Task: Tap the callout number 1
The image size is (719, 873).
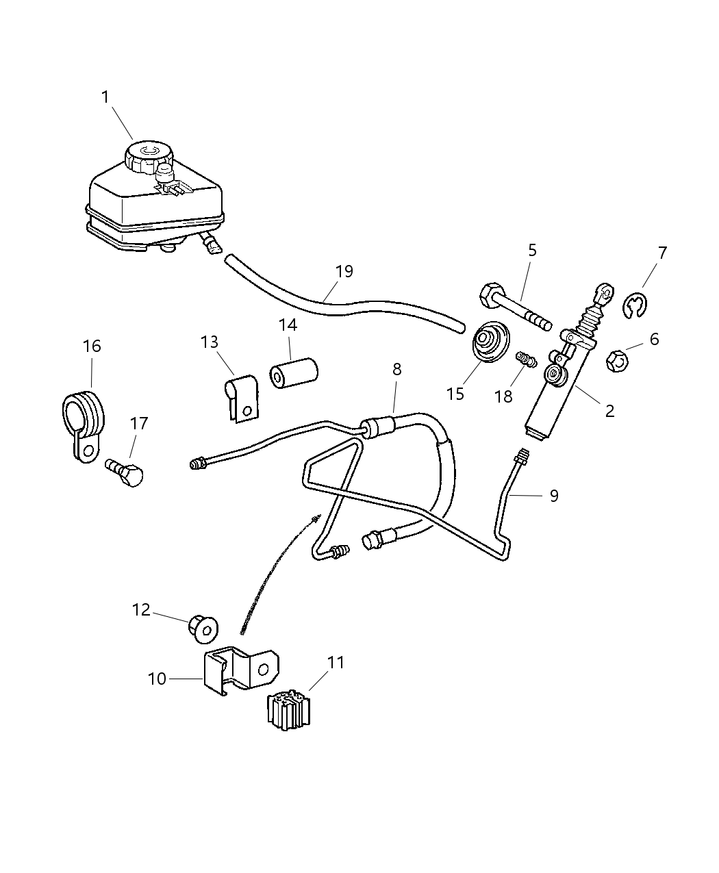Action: pos(105,97)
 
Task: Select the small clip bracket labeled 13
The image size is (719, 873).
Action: pos(240,396)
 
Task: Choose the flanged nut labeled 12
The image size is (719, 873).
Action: pos(203,628)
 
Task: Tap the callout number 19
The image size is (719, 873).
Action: pos(344,271)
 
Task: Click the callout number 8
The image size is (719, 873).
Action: pos(396,370)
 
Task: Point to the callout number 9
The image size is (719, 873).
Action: pos(553,495)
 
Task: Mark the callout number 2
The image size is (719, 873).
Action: pos(609,410)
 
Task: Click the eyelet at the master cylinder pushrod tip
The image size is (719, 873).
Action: pos(605,294)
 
